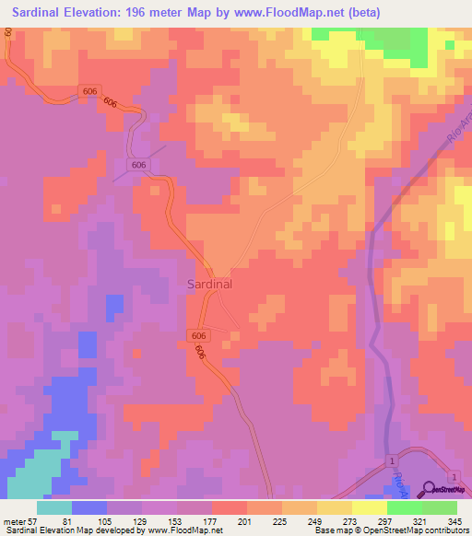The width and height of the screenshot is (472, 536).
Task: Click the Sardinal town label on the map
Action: (209, 285)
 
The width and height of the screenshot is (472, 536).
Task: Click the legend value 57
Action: (34, 521)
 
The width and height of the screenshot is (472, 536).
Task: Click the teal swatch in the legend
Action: (54, 507)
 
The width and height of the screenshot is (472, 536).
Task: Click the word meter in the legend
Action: (15, 521)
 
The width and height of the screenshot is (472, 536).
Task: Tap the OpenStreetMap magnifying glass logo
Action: (429, 490)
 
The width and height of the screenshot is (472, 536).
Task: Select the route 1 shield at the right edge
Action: (454, 473)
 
